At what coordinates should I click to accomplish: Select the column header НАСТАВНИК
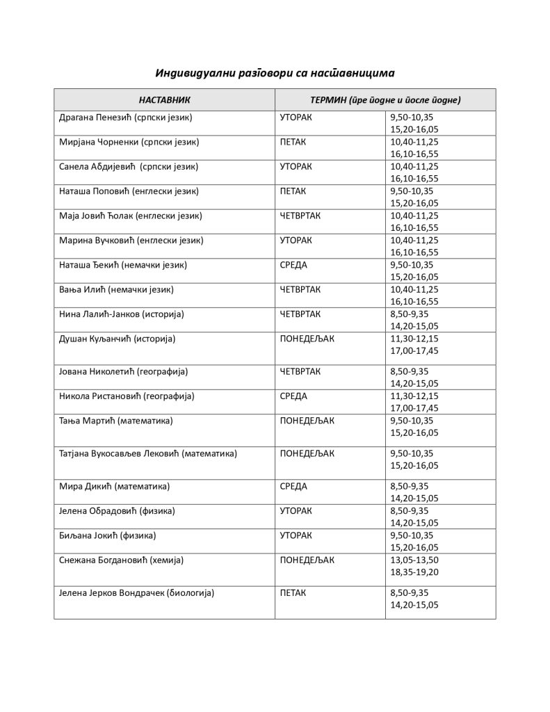click(x=164, y=100)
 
